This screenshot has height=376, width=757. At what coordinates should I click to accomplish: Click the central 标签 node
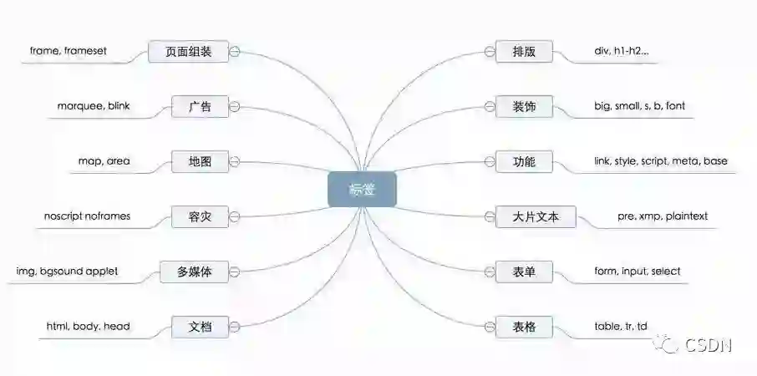(362, 189)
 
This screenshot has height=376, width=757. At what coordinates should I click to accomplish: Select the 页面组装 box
(188, 52)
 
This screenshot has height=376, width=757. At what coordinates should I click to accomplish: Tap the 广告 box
(200, 107)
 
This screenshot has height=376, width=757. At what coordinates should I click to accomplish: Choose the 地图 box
(200, 161)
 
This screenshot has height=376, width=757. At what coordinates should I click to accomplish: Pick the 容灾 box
(200, 216)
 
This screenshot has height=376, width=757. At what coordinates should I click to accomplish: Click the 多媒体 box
(194, 272)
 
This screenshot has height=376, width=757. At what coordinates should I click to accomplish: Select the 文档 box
(200, 327)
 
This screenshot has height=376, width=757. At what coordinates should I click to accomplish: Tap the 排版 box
(524, 52)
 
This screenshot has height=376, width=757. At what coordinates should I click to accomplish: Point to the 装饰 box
(524, 107)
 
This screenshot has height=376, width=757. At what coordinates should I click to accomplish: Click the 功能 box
(524, 161)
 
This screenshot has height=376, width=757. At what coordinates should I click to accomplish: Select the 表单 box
(524, 272)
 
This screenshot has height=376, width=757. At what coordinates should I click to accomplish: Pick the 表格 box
(524, 327)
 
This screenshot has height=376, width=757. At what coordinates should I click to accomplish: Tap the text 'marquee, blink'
(94, 106)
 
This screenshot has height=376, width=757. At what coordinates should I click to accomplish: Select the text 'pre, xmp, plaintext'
(663, 216)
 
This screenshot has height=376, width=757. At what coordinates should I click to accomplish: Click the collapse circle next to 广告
(235, 107)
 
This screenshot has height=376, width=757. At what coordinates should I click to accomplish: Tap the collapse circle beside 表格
(490, 327)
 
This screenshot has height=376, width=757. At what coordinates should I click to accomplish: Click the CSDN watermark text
(709, 343)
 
